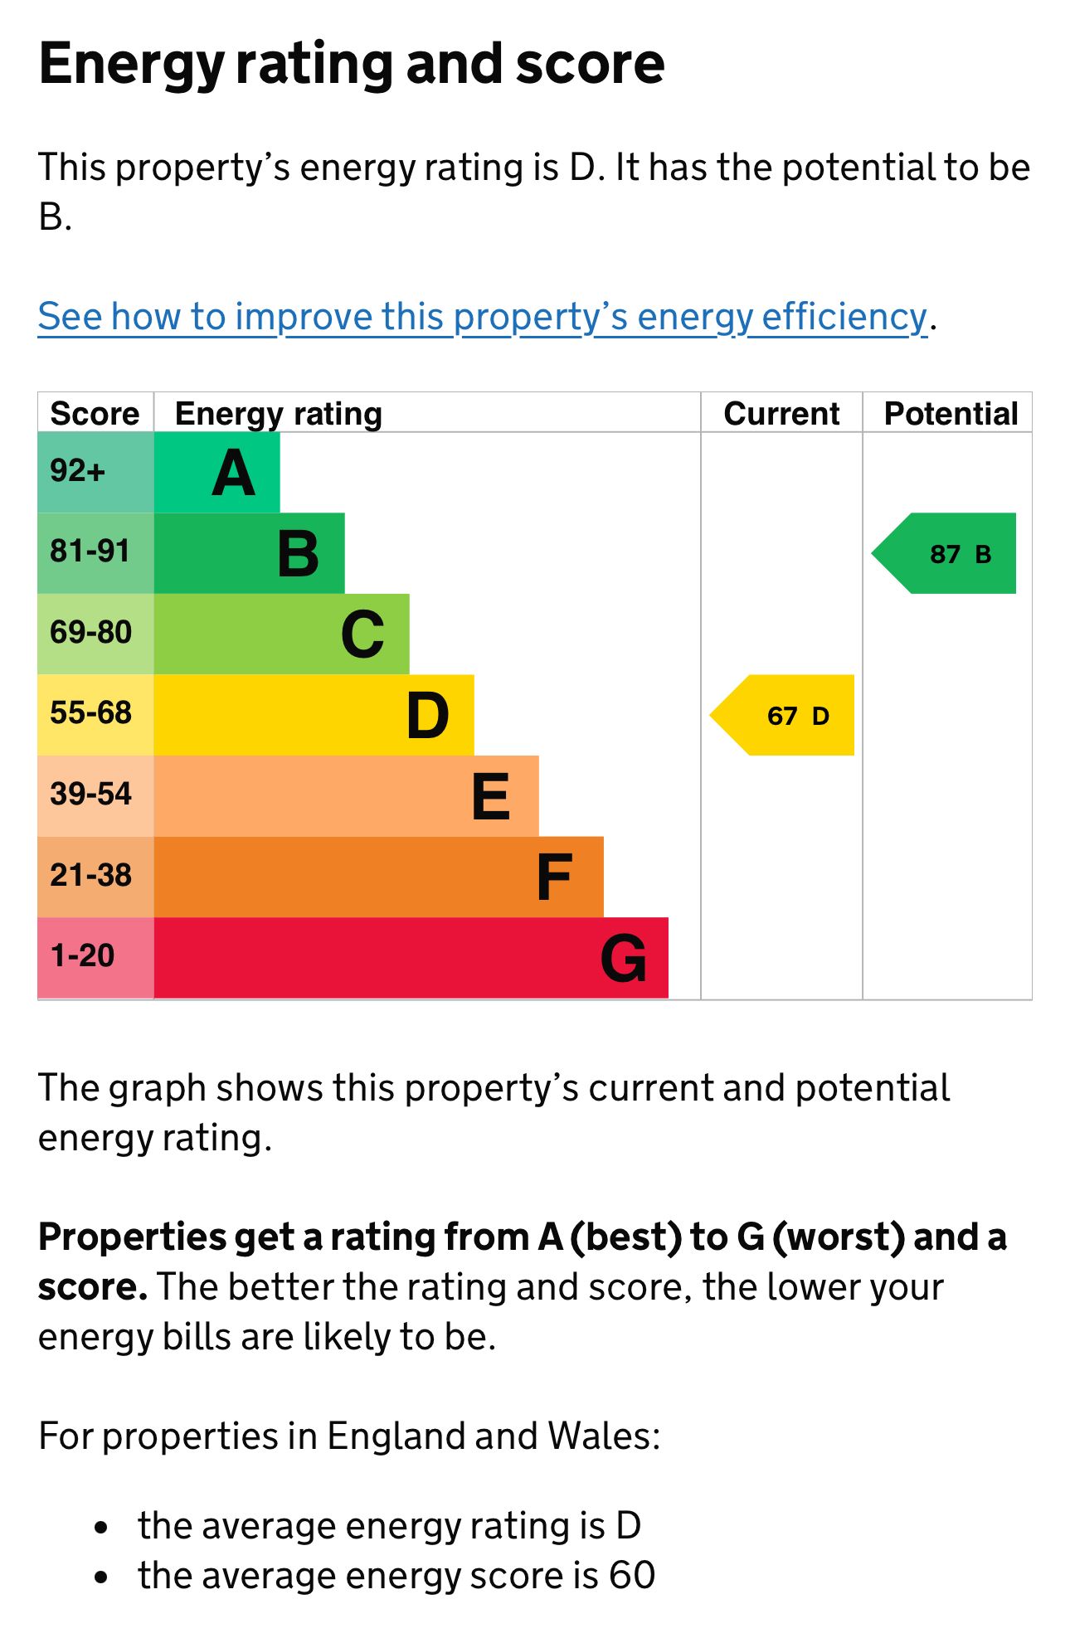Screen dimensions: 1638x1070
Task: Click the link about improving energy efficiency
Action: [x=482, y=317]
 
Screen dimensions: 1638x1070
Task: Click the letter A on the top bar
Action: [x=233, y=474]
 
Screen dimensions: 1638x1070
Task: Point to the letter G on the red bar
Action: [x=623, y=958]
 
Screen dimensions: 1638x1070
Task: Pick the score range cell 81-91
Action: [x=90, y=552]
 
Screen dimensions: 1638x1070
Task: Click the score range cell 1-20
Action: [x=83, y=956]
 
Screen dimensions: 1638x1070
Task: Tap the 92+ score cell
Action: [x=78, y=472]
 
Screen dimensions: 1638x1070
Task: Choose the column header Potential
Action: [x=951, y=413]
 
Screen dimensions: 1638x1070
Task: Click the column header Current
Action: [x=781, y=413]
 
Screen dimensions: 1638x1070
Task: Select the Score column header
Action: [x=95, y=413]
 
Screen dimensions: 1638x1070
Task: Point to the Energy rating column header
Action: [x=279, y=413]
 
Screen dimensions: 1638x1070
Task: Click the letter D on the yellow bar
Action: [x=428, y=716]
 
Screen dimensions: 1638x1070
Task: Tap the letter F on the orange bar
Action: [x=554, y=877]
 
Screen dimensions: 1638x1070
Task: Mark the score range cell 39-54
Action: [x=90, y=795]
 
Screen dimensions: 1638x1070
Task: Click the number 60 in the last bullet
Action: [x=632, y=1575]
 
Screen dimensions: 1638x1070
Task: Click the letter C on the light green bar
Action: [x=362, y=635]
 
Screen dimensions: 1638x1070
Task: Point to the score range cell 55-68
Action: [x=90, y=713]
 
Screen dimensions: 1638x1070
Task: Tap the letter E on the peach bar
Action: [x=490, y=797]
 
